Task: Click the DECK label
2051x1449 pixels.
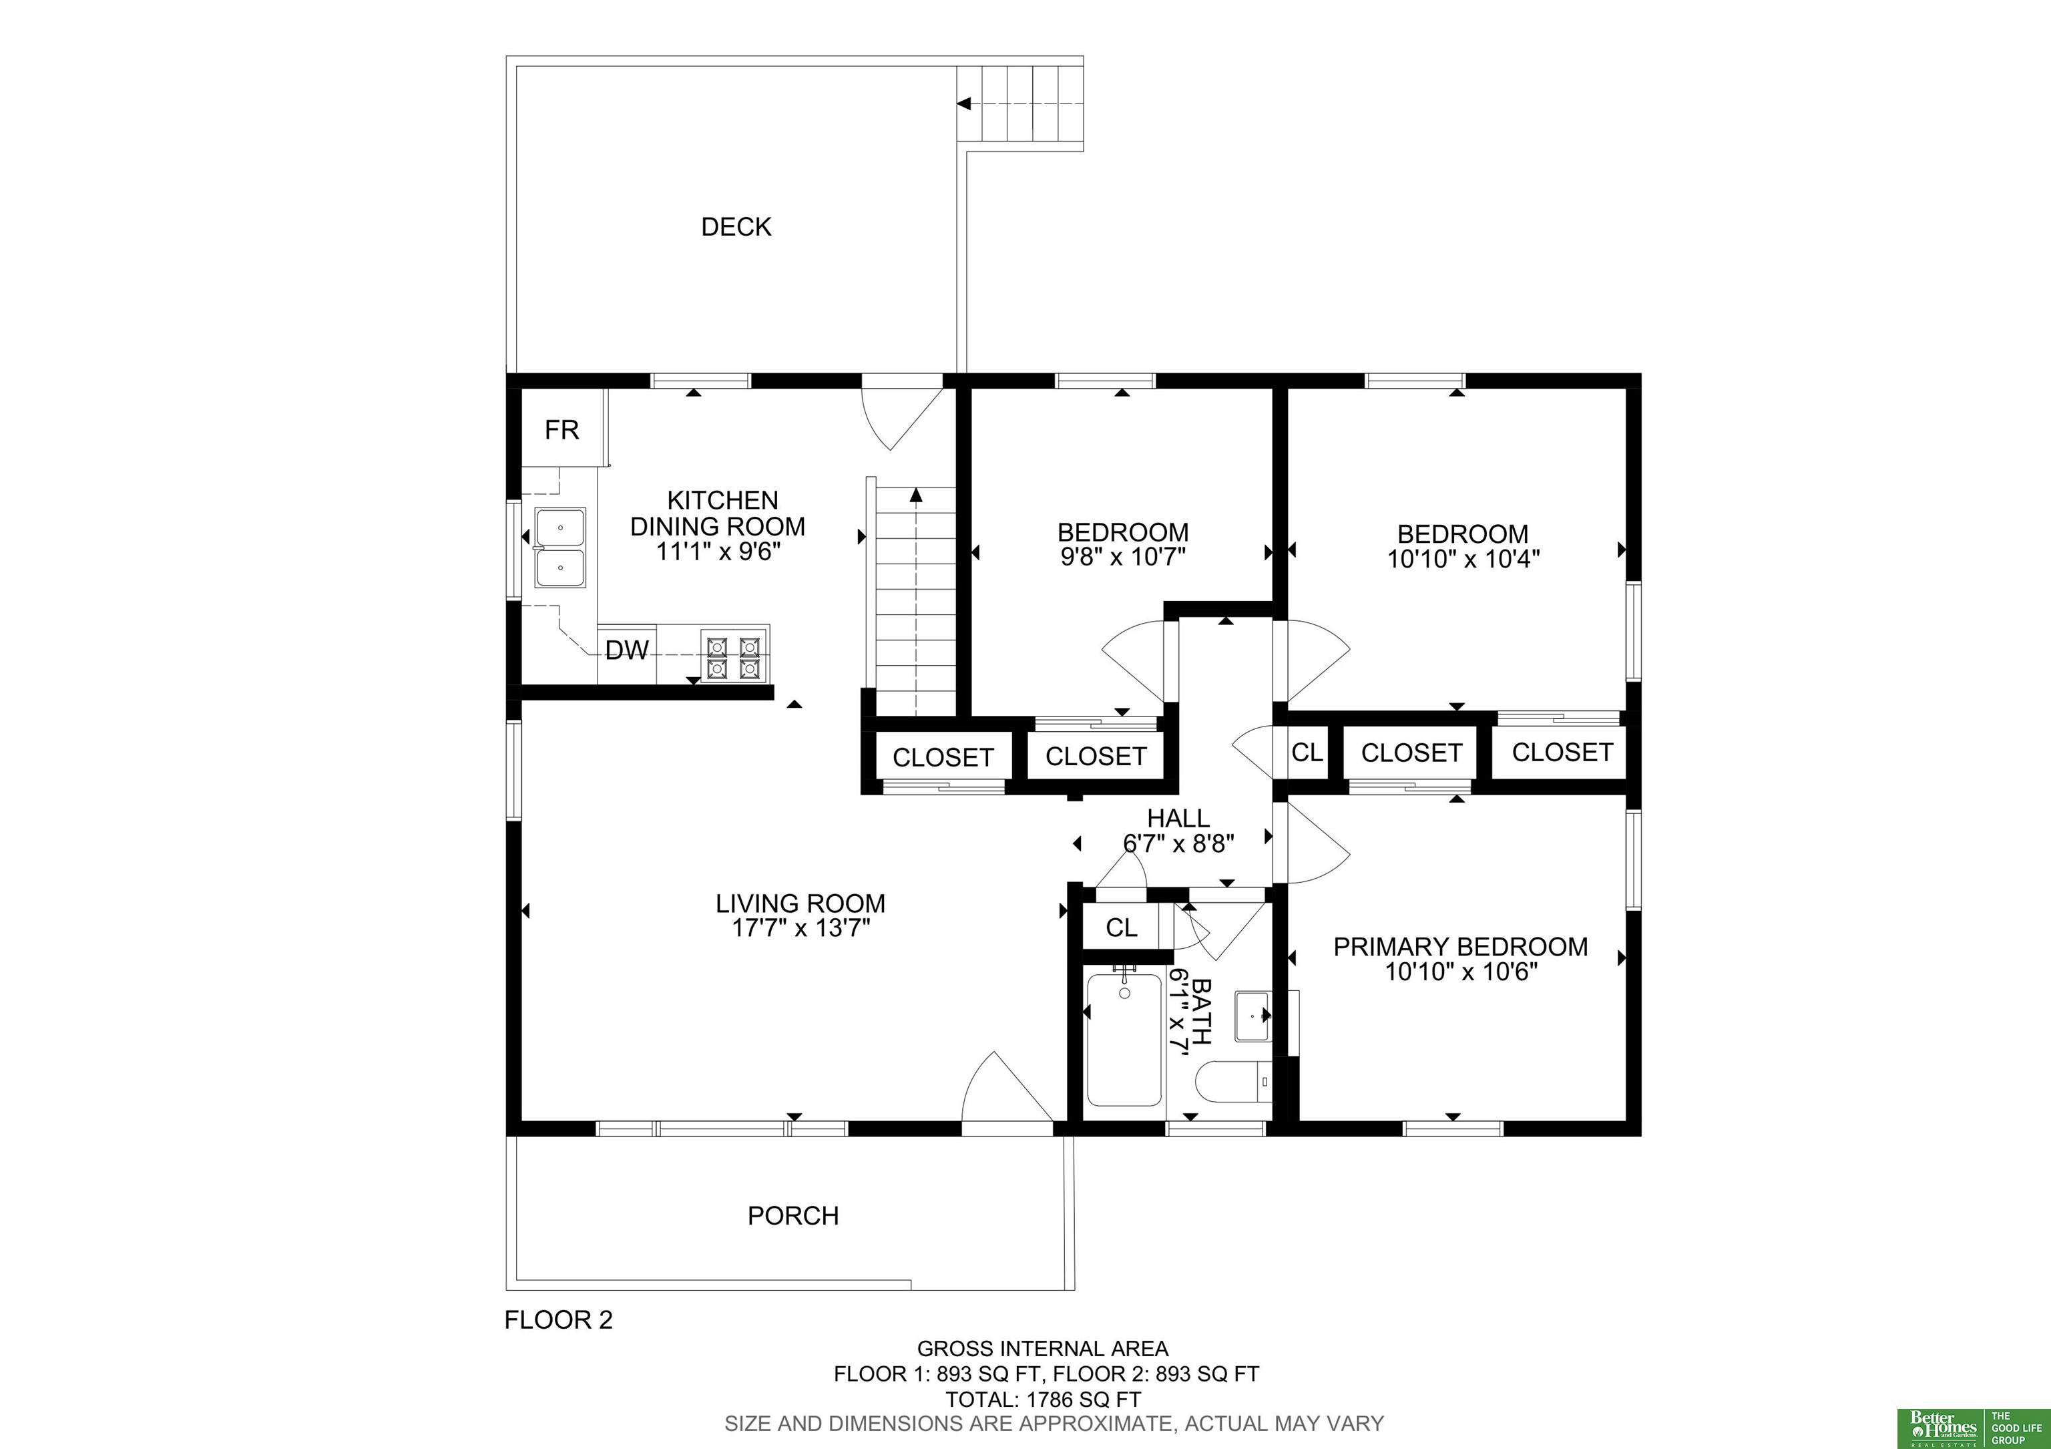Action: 736,227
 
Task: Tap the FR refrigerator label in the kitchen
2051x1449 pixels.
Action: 562,431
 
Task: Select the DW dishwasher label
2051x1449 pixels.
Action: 627,650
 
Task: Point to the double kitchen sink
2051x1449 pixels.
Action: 560,548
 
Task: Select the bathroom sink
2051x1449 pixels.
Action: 1253,1016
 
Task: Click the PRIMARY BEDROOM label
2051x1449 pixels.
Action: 1461,947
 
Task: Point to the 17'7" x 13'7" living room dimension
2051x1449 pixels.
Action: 801,928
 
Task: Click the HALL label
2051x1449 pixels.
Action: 1178,818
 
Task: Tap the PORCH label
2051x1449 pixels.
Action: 793,1216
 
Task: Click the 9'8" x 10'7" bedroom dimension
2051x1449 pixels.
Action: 1123,558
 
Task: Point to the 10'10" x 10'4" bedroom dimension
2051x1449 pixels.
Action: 1463,559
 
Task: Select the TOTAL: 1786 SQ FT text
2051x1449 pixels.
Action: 1044,1400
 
